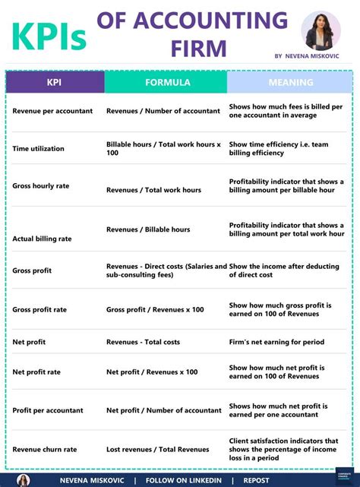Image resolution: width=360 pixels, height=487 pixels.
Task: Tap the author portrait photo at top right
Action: coord(321,30)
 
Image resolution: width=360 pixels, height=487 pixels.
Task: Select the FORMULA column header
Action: coord(166,82)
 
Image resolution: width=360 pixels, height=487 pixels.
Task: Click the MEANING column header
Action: coord(290,82)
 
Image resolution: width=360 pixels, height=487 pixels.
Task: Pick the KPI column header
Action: coord(55,82)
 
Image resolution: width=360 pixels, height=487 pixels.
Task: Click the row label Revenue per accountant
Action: coord(52,111)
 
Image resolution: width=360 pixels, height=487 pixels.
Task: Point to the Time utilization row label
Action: coord(38,149)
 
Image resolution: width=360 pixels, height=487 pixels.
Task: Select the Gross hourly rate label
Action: coord(40,186)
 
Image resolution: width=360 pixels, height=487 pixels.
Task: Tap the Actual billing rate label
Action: coord(42,239)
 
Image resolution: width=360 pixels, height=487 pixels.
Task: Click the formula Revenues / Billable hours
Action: coord(148,229)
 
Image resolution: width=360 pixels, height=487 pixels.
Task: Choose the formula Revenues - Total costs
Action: coord(144,343)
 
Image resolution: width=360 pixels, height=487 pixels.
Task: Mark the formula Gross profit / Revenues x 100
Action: coord(155,310)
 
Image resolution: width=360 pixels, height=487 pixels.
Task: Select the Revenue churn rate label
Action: coord(44,450)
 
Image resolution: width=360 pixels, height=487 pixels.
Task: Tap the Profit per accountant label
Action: coord(48,410)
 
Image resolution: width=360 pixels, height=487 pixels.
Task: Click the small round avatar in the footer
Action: coord(23,480)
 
